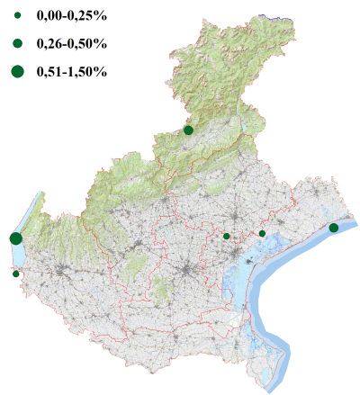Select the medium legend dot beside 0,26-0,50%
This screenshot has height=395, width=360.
18,43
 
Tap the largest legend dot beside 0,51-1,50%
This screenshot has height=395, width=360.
18,71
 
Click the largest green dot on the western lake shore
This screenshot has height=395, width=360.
15,238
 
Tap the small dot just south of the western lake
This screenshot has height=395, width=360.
16,274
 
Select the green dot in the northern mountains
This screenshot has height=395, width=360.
188,130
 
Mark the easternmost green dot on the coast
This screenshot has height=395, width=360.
334,228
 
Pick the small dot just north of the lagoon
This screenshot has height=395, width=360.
262,233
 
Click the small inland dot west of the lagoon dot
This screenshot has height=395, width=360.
227,236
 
